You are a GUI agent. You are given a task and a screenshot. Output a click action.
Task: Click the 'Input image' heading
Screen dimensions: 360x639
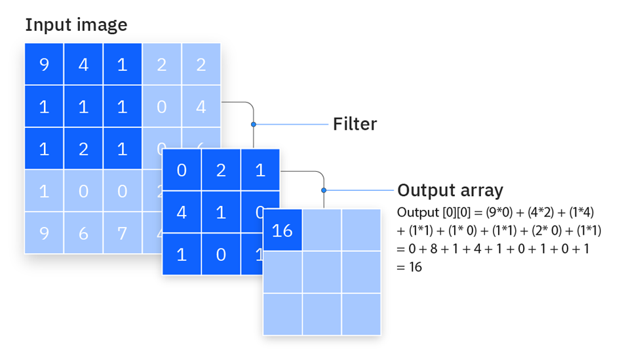pos(76,25)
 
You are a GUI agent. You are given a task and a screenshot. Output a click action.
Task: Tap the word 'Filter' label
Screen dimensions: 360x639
pos(355,123)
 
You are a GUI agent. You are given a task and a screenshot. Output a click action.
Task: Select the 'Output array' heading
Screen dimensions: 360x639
pos(450,190)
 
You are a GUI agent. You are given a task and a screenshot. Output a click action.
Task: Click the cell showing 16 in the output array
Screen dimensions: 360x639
pos(282,230)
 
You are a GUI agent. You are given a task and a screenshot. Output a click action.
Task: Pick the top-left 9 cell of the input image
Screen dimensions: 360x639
pos(44,65)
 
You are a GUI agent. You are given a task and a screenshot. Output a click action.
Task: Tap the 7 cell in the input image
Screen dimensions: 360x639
pos(123,233)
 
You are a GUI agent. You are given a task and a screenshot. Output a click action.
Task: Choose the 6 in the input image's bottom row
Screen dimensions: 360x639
pos(83,233)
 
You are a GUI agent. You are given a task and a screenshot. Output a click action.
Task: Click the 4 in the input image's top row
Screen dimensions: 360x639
pos(83,65)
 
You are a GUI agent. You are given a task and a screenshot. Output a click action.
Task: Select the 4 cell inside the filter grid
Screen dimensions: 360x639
pos(182,212)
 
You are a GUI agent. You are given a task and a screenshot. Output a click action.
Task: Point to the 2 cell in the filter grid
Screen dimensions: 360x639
pos(221,170)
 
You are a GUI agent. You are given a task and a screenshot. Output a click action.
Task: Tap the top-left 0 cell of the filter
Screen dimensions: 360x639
pos(182,170)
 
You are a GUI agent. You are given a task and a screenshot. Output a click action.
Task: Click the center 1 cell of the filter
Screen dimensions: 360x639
pos(221,212)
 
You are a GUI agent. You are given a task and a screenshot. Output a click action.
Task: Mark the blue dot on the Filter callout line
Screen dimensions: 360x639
pos(253,124)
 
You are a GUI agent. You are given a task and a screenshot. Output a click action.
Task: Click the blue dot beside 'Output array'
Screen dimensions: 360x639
pos(324,190)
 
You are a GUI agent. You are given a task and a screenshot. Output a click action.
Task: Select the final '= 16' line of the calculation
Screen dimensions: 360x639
pos(410,267)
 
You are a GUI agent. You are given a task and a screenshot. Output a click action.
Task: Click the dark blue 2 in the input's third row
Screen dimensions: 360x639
pos(83,148)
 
